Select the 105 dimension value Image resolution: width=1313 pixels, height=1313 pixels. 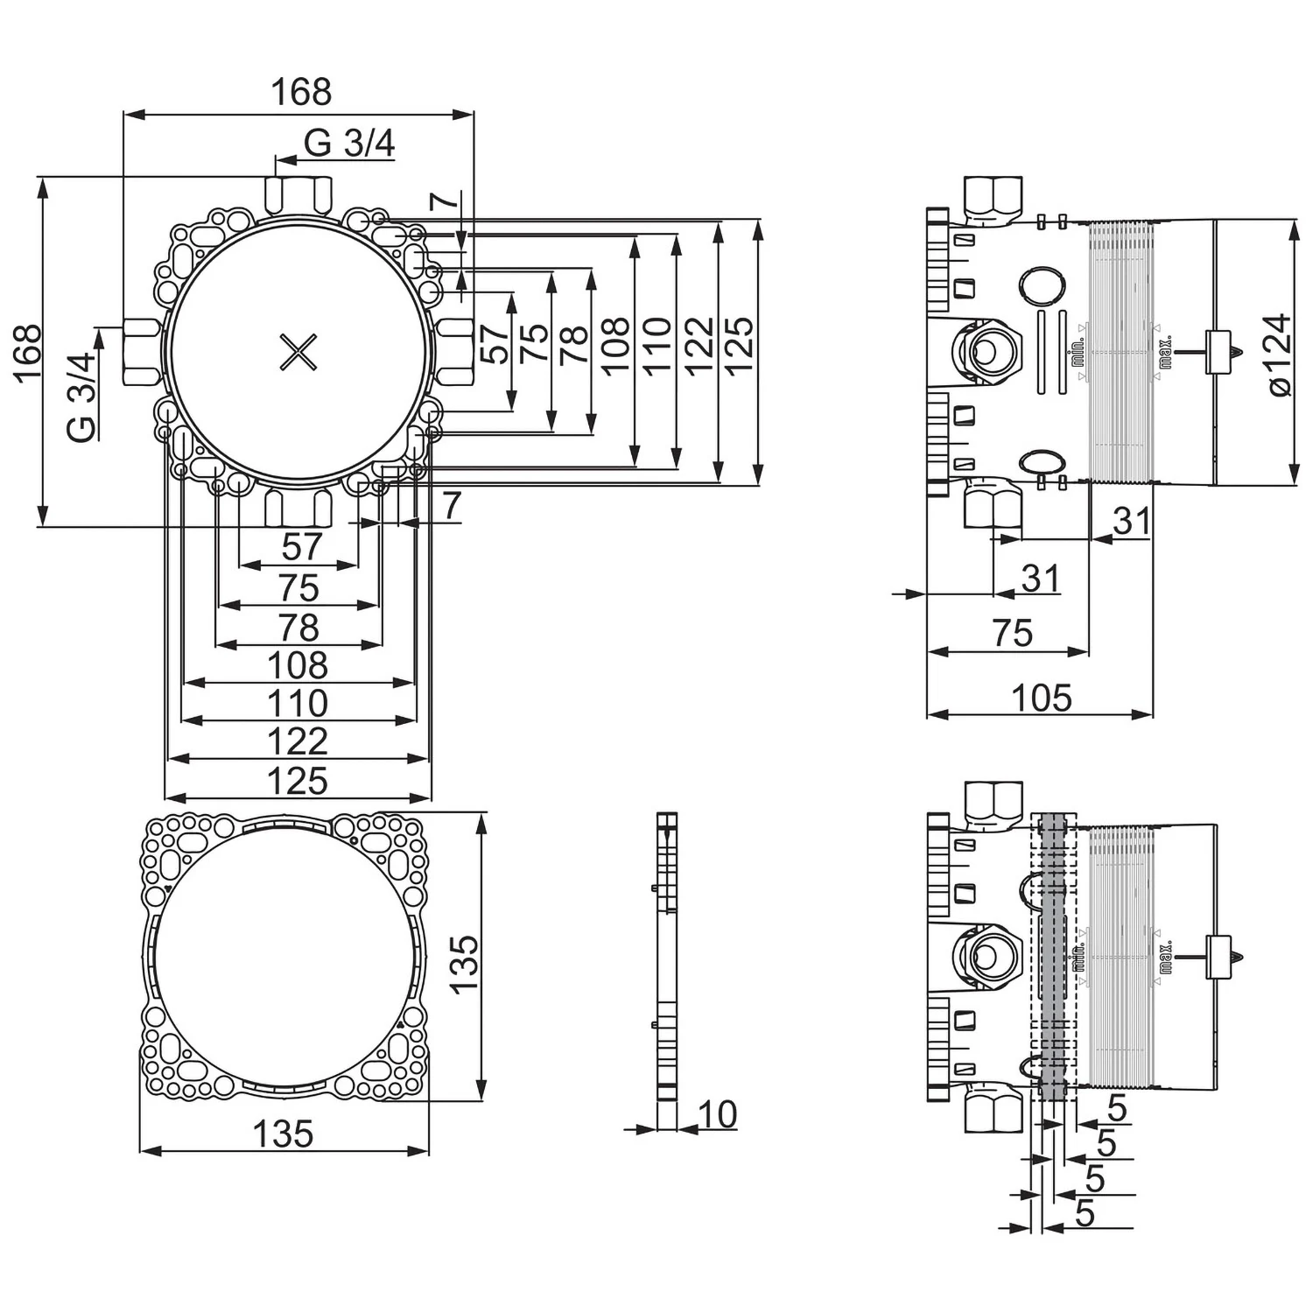[1041, 699]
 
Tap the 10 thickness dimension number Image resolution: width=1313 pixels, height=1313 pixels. [718, 1114]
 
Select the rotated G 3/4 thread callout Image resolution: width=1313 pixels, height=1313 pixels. [81, 397]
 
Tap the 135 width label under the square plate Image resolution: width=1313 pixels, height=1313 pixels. [283, 1134]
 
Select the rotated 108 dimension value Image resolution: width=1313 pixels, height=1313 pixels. [615, 345]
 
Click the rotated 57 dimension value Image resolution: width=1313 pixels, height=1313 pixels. [495, 344]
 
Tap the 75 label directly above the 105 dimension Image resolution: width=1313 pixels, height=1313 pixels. [1013, 633]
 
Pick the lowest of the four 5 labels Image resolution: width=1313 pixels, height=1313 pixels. [1085, 1213]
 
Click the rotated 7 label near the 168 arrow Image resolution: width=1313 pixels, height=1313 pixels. [446, 200]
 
